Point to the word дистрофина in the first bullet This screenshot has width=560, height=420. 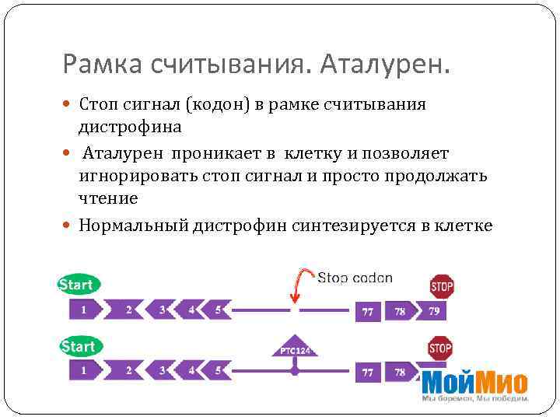130,126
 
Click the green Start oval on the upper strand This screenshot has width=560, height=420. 79,285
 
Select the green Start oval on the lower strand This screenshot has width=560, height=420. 79,346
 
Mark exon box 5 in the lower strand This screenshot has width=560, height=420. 220,371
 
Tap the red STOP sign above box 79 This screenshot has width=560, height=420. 441,285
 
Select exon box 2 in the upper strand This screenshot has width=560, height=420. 129,310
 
